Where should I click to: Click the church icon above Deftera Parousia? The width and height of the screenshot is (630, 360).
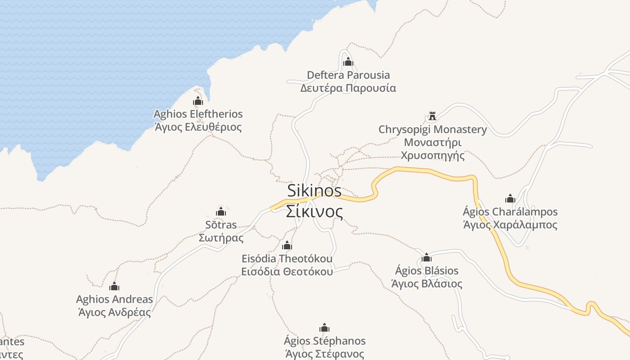click(x=348, y=62)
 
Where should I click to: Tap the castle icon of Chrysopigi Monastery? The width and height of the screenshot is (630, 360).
click(x=432, y=116)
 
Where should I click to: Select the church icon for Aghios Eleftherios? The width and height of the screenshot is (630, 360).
click(x=198, y=101)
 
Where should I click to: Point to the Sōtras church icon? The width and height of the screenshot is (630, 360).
click(x=221, y=211)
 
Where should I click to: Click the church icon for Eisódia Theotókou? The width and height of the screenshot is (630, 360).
click(x=287, y=246)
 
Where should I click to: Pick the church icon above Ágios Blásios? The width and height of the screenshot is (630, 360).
click(x=427, y=257)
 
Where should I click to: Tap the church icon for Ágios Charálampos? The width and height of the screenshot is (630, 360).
click(x=510, y=198)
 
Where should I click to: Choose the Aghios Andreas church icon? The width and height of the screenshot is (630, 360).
click(x=114, y=286)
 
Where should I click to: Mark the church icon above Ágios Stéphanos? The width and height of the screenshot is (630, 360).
click(x=324, y=328)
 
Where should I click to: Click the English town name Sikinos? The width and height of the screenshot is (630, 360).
click(x=315, y=190)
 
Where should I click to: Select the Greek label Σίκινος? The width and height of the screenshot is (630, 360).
click(x=315, y=211)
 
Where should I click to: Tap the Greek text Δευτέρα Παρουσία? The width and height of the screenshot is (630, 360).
click(x=348, y=88)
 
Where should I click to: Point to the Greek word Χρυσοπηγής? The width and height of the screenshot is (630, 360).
click(x=432, y=156)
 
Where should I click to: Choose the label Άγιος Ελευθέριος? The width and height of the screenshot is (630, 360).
click(x=198, y=127)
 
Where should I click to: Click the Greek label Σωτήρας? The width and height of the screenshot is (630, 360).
click(x=221, y=238)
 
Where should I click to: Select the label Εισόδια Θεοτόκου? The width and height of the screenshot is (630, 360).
click(x=287, y=271)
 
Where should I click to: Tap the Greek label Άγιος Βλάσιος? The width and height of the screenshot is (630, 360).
click(x=427, y=283)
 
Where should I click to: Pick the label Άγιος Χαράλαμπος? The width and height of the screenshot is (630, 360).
click(x=510, y=225)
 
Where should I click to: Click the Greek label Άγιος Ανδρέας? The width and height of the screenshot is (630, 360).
click(x=114, y=311)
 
